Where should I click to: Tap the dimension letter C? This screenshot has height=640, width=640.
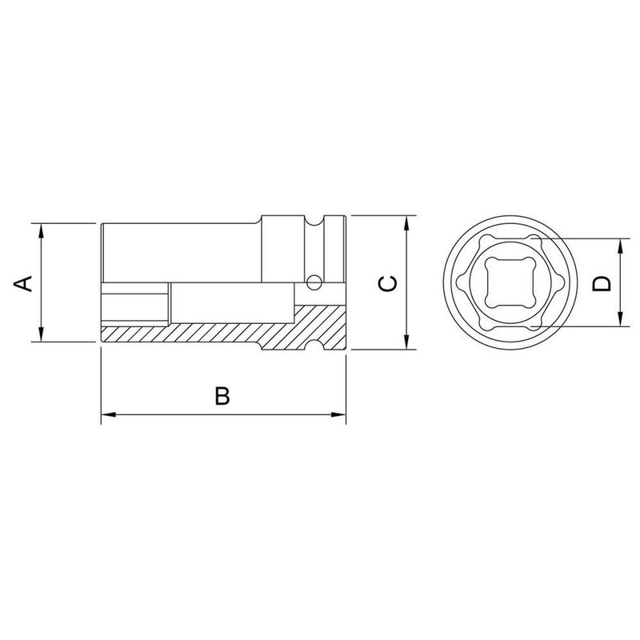pos(386,282)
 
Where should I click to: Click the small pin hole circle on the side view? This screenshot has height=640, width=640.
pos(314,282)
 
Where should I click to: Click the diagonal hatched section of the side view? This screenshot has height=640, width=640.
pos(200,333)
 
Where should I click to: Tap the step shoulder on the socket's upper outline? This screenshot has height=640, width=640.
pos(260,220)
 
